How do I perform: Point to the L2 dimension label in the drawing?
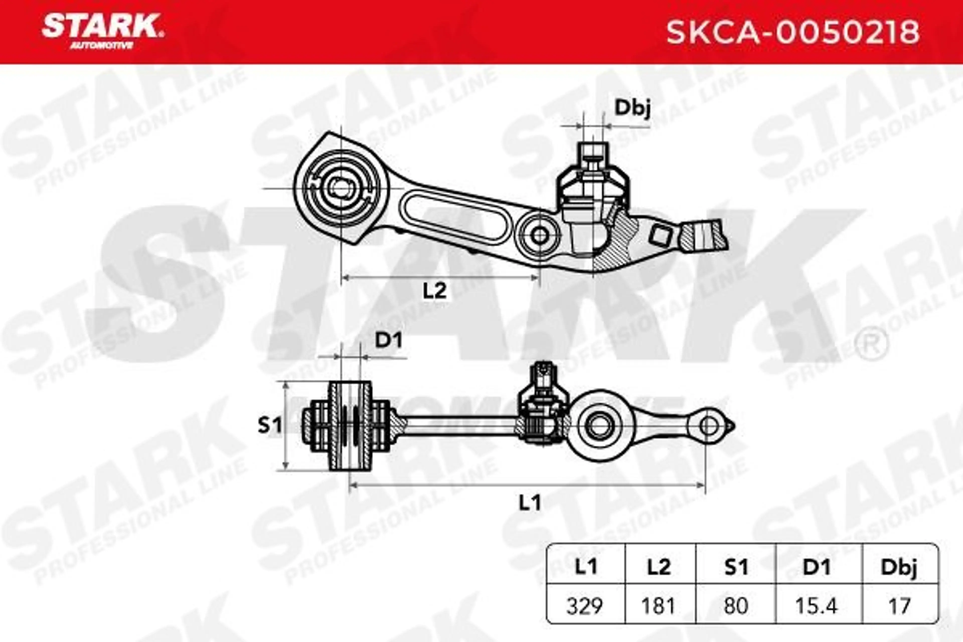pyautogui.click(x=434, y=291)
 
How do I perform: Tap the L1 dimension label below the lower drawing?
pyautogui.click(x=530, y=503)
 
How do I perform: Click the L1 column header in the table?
pyautogui.click(x=586, y=567)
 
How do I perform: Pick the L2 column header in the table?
pyautogui.click(x=659, y=567)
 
